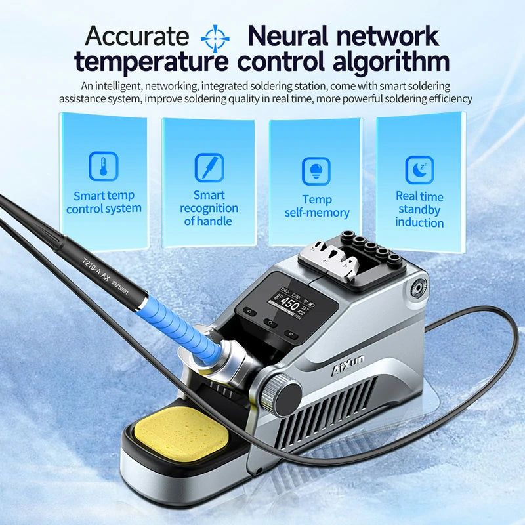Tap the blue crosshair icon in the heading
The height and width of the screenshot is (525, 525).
pyautogui.click(x=215, y=38)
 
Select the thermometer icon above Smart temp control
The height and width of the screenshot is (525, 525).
pyautogui.click(x=104, y=167)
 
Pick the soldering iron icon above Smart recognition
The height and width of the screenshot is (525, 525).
pyautogui.click(x=209, y=167)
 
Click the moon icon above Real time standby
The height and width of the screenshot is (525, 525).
pyautogui.click(x=419, y=169)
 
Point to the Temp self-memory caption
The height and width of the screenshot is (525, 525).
pyautogui.click(x=317, y=206)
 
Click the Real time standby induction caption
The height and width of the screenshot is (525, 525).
pyautogui.click(x=419, y=209)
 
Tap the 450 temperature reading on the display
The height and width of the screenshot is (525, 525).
pyautogui.click(x=289, y=304)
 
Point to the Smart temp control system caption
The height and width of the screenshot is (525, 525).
pyautogui.click(x=104, y=202)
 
